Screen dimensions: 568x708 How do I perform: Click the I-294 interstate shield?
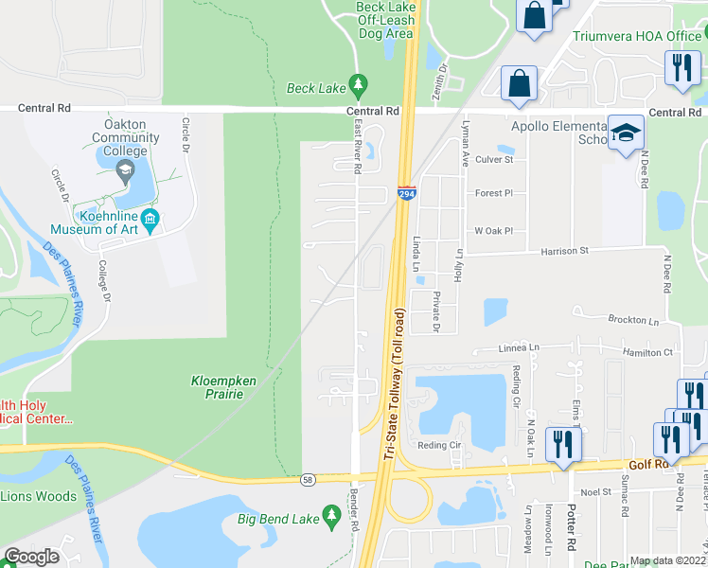coord(406,193)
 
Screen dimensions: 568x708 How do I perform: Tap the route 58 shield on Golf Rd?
coord(308,482)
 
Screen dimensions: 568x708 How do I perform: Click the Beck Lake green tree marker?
coord(358,87)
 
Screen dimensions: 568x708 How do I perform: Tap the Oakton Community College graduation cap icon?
coord(124,171)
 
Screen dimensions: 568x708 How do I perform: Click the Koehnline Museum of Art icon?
coord(154,219)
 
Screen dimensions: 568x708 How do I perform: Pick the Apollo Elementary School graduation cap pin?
coord(625,133)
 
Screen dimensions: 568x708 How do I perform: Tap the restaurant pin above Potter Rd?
coord(564,444)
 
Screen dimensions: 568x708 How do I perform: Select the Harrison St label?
coord(564,251)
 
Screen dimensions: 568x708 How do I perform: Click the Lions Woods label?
coord(38,496)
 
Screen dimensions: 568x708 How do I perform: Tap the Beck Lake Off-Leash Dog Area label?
coord(386,20)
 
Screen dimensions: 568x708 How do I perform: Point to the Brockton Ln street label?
coord(633,321)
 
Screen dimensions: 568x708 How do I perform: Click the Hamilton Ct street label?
coord(647,352)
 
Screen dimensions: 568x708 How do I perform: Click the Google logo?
coord(31,557)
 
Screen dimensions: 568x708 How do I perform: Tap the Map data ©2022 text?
coord(667,560)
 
